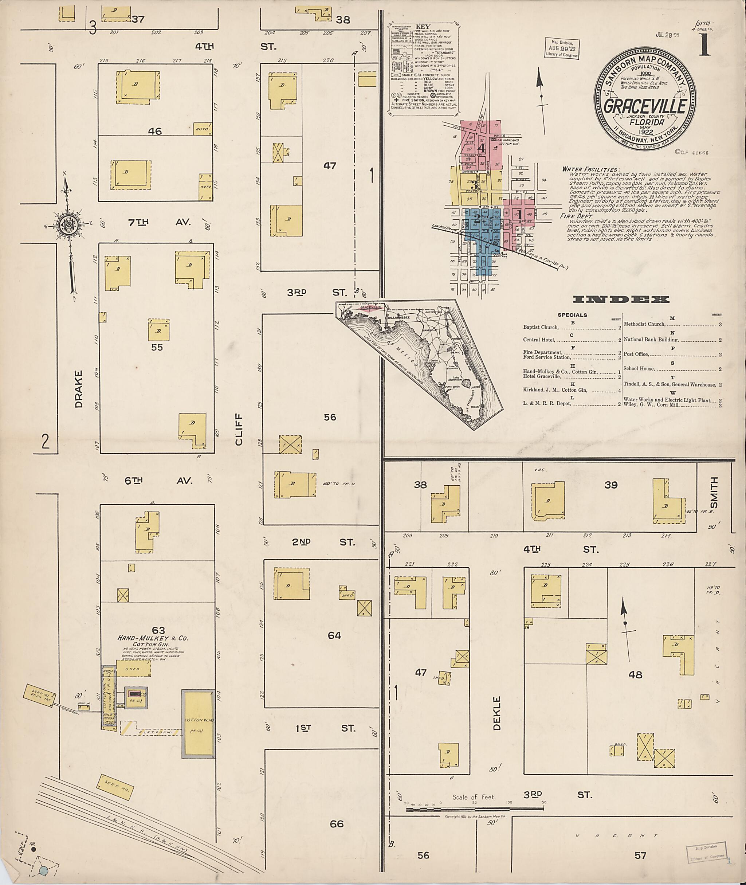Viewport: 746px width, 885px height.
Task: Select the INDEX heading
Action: tap(621, 299)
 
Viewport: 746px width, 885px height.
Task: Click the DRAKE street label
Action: tap(78, 389)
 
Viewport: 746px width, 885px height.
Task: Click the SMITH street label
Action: tap(714, 493)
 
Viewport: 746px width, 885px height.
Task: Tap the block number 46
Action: tap(155, 131)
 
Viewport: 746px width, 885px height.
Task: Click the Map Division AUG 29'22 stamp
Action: tap(562, 49)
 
